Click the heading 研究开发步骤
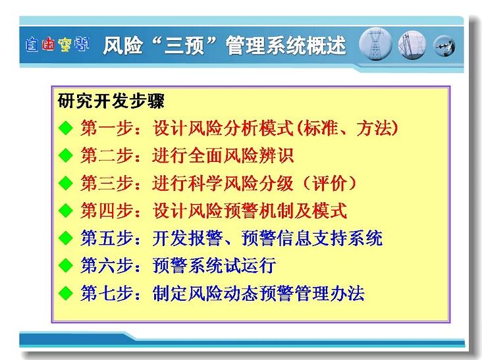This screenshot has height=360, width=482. pyautogui.click(x=111, y=101)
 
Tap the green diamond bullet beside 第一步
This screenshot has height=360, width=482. pyautogui.click(x=65, y=128)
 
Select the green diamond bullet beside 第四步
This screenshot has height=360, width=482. pyautogui.click(x=65, y=211)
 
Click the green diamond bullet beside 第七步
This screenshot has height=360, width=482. pyautogui.click(x=65, y=293)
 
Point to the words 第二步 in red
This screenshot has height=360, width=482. pyautogui.click(x=107, y=155)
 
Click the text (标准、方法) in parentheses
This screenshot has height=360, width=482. pyautogui.click(x=348, y=128)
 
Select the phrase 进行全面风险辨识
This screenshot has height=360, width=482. pyautogui.click(x=223, y=155)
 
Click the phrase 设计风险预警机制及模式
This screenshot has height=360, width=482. pyautogui.click(x=250, y=211)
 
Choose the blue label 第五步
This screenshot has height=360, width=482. pyautogui.click(x=107, y=238)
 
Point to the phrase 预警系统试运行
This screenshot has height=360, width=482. pyautogui.click(x=214, y=265)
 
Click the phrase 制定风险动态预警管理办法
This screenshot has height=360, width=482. pyautogui.click(x=258, y=293)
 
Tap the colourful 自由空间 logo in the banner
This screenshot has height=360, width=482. pyautogui.click(x=57, y=45)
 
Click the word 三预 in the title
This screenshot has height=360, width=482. pyautogui.click(x=184, y=46)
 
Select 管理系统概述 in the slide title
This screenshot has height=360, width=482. pyautogui.click(x=286, y=46)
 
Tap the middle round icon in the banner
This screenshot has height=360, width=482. pyautogui.click(x=412, y=45)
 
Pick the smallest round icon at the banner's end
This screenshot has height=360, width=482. pyautogui.click(x=444, y=46)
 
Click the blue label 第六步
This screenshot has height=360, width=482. pyautogui.click(x=107, y=265)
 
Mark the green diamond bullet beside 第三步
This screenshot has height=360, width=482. pyautogui.click(x=65, y=183)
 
